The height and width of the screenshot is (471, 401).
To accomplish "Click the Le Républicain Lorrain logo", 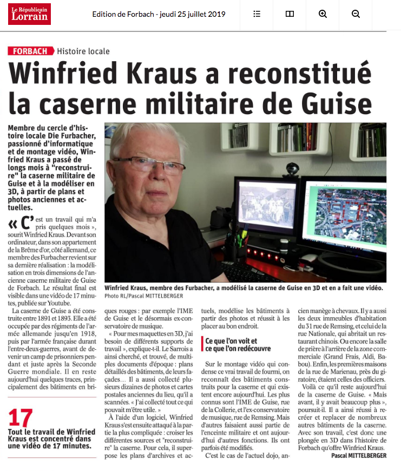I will coord(29,14).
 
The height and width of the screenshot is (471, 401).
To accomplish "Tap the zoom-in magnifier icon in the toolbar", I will coord(323,14).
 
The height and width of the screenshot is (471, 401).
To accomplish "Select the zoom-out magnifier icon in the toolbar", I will coord(356,14).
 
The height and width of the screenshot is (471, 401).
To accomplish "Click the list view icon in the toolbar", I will coord(257,14).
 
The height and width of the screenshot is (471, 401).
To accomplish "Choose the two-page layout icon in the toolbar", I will coord(290,14).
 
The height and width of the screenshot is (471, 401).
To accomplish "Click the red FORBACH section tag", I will coord(31,51).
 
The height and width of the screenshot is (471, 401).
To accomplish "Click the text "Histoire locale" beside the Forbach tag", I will coord(83,51).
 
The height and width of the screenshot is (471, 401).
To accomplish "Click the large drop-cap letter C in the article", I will coord(23,225).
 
